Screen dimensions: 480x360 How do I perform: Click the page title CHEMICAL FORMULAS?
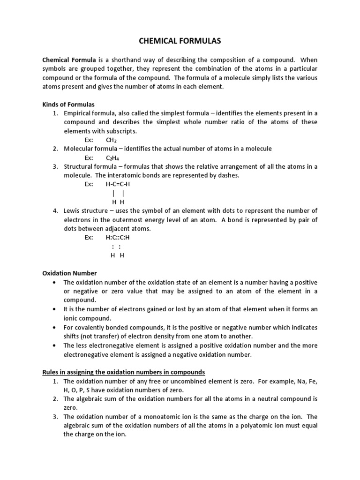coord(180,42)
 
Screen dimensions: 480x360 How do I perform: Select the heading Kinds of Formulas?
coord(68,105)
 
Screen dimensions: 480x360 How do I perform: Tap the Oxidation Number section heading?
coord(69,273)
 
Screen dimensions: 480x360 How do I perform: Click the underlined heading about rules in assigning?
coord(124,372)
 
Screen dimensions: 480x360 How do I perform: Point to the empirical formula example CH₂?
coord(112,140)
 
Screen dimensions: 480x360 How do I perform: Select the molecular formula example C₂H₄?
coord(112,157)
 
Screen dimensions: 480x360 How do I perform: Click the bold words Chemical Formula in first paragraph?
coord(69,60)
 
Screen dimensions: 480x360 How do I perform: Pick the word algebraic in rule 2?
coord(93,399)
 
